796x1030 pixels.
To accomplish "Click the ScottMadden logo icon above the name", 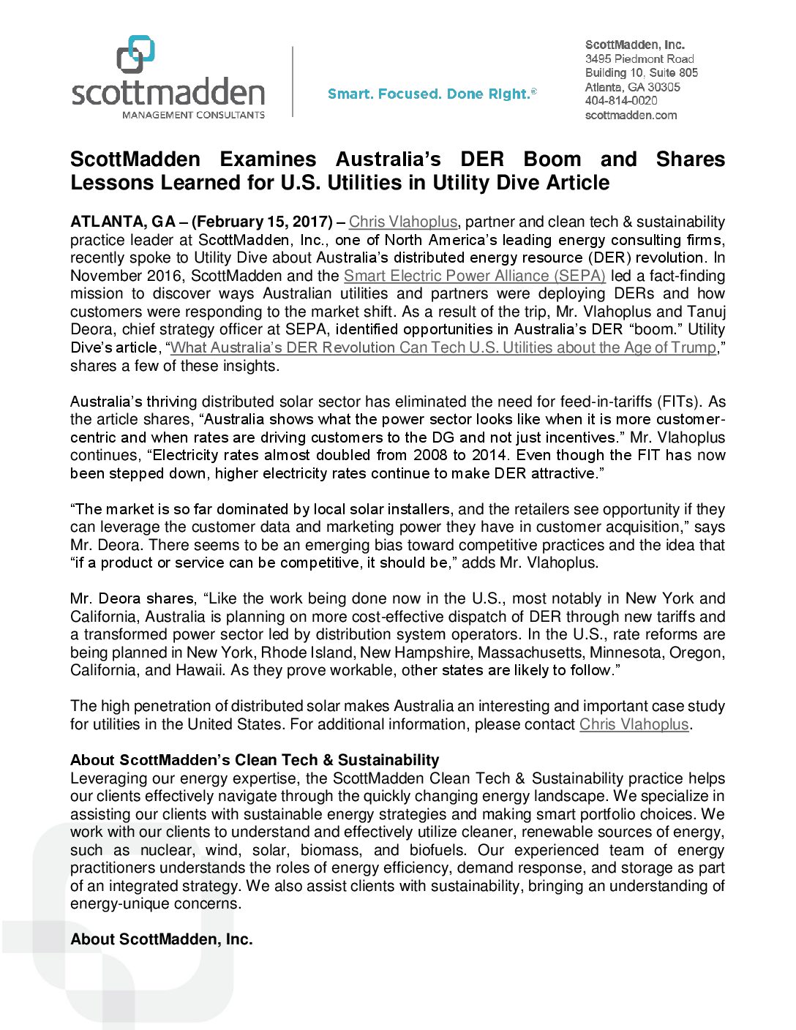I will (136, 54).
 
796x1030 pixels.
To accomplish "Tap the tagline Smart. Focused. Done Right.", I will (432, 94).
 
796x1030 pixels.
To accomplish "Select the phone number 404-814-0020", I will (621, 101).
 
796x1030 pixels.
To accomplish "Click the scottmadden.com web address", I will (631, 115).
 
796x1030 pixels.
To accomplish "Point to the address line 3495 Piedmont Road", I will (639, 59).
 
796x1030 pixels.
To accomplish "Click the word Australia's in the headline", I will (388, 159).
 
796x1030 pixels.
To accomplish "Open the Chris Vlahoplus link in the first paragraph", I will (402, 222).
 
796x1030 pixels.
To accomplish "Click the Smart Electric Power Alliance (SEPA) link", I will (474, 276).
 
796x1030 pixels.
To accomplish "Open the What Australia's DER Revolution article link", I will (443, 347).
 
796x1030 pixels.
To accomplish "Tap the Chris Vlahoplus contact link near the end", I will (634, 724).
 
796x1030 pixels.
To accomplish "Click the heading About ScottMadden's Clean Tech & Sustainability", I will (255, 760).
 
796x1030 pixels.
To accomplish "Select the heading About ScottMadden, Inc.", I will (162, 939).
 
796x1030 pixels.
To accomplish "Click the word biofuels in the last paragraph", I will (437, 850).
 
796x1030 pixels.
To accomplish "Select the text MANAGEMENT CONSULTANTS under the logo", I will (193, 115).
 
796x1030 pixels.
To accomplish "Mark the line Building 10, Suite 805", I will (642, 72).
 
